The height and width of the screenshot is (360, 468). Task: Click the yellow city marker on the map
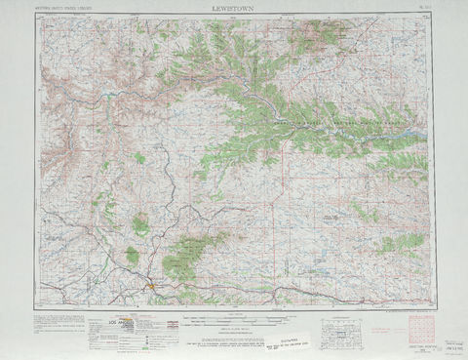coord(148,286)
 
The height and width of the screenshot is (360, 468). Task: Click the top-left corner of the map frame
coord(40,17)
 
